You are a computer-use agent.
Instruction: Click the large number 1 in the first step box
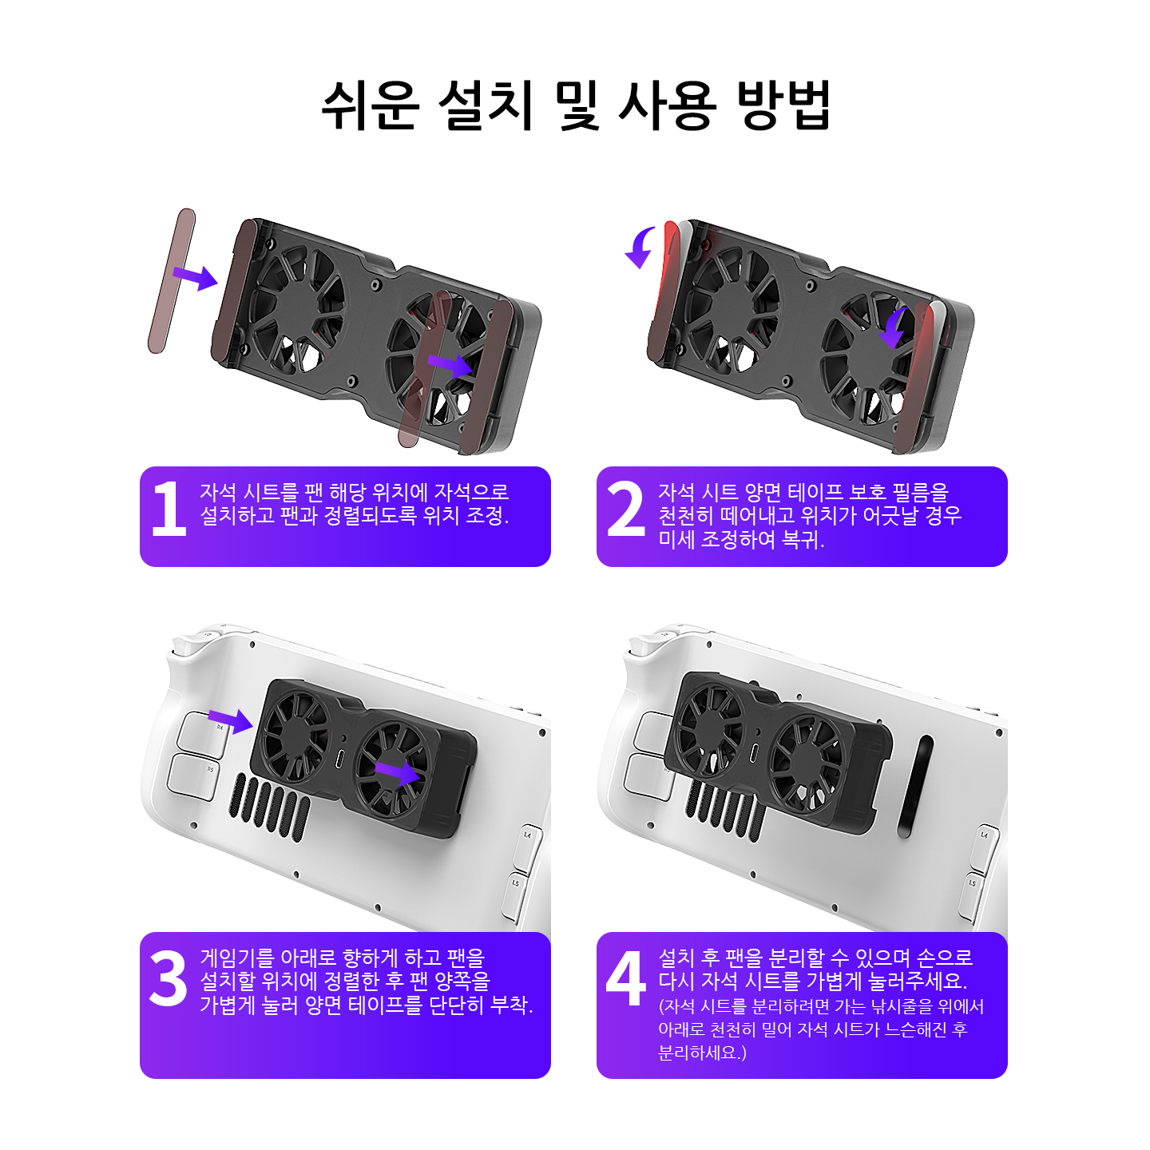169,508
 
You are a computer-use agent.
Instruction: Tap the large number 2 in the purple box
625,508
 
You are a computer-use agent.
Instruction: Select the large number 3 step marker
168,978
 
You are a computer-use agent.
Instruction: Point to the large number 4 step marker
625,978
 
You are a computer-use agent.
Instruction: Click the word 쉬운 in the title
370,105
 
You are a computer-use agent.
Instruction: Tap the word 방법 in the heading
783,105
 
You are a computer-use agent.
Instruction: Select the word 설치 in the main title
486,105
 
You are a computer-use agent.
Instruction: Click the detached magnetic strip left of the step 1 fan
171,281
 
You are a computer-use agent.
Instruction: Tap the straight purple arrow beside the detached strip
195,277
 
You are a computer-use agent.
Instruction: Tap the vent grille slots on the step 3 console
270,807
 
